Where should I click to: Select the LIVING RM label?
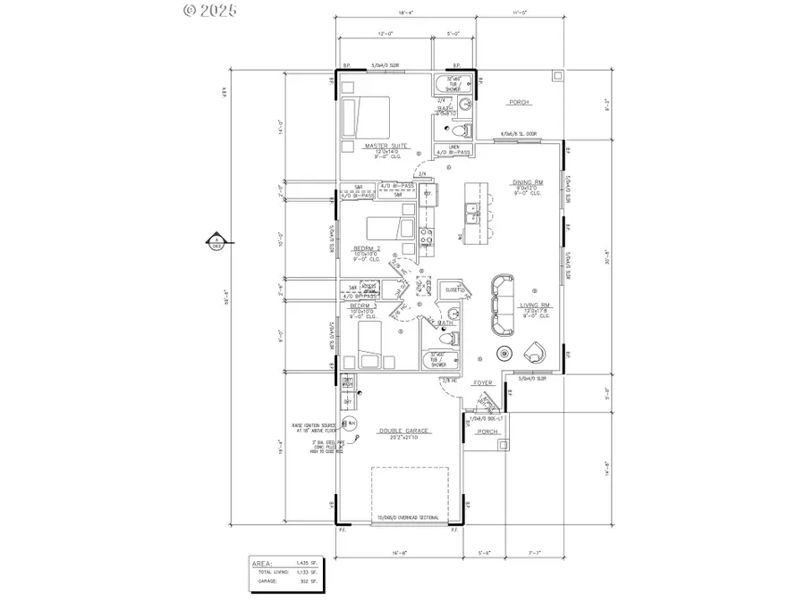click(x=535, y=305)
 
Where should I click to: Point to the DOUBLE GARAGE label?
click(x=404, y=431)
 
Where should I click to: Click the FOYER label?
click(x=483, y=383)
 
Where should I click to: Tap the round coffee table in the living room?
click(x=505, y=349)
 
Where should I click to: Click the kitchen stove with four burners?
click(x=428, y=238)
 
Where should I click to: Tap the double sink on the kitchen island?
click(x=470, y=211)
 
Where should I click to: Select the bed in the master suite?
click(x=365, y=114)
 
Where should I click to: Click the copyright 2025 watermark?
click(x=211, y=11)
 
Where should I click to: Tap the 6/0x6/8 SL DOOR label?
click(x=518, y=134)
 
